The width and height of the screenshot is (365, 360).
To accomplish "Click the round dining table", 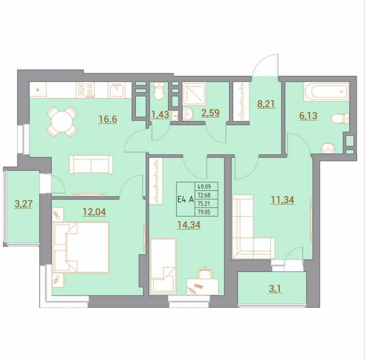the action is [x=62, y=121].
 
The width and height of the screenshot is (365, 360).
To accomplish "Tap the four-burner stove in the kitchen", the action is [x=85, y=90].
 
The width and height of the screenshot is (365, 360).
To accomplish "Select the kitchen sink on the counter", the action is [x=117, y=90].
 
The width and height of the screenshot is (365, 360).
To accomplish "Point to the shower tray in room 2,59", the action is [x=194, y=94].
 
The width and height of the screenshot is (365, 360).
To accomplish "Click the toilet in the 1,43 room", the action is [x=159, y=91].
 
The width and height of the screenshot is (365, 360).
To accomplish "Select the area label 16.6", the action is [x=108, y=119].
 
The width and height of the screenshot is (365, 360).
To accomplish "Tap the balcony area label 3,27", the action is [x=24, y=204].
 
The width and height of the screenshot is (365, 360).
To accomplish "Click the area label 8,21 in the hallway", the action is [x=266, y=103].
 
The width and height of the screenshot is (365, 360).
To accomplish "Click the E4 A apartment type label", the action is [x=185, y=200].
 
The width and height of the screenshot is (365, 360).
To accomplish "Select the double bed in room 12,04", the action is [x=81, y=247].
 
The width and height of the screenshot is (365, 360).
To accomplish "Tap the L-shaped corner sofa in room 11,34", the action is [x=253, y=227].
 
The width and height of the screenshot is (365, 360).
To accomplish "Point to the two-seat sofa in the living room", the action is [x=91, y=164].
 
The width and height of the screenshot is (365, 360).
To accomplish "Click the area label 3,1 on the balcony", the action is [x=275, y=289].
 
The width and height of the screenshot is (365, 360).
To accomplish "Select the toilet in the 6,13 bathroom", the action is [x=340, y=119].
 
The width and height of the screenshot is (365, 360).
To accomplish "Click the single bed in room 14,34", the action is [x=163, y=266].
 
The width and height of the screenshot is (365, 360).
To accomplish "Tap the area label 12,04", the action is [x=94, y=212].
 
